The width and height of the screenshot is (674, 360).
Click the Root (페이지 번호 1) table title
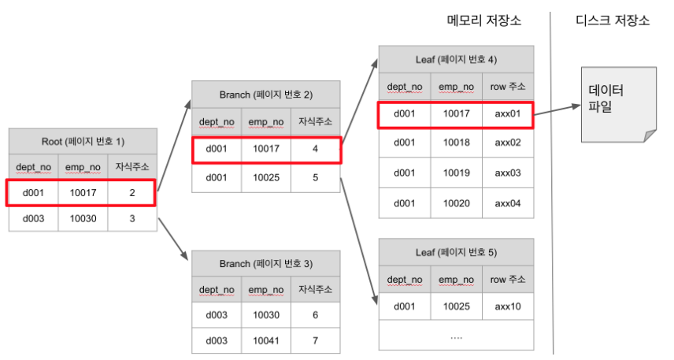click(x=83, y=142)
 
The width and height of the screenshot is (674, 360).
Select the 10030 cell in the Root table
click(x=83, y=217)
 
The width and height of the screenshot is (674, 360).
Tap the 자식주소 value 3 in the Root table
click(x=132, y=217)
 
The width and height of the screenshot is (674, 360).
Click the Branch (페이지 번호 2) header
click(x=266, y=95)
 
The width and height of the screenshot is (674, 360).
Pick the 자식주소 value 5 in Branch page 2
click(x=315, y=177)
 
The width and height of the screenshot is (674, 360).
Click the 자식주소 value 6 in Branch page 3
click(x=315, y=314)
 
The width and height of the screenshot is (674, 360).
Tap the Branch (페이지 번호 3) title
click(x=266, y=263)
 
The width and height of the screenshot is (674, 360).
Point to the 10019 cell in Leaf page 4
click(x=456, y=173)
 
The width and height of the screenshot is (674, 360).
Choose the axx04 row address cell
click(x=508, y=202)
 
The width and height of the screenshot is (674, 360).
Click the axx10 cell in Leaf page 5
click(x=508, y=306)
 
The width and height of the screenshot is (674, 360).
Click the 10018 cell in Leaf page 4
click(x=456, y=143)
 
